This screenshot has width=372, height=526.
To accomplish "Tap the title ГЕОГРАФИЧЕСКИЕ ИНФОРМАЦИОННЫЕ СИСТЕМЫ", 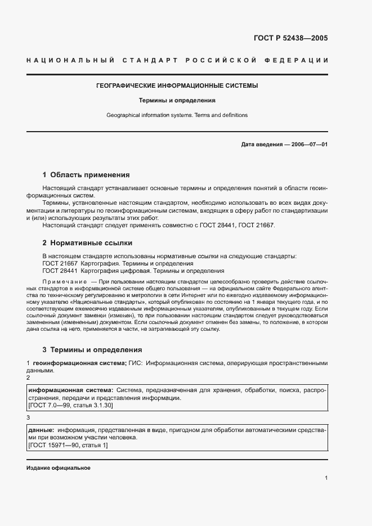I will pyautogui.click(x=177, y=86).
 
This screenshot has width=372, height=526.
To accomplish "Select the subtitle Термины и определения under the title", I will pyautogui.click(x=177, y=101).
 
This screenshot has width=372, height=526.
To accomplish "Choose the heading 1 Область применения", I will pyautogui.click(x=86, y=175).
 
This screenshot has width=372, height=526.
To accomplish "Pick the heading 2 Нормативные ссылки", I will pyautogui.click(x=87, y=243).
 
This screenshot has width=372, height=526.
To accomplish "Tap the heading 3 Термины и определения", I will pyautogui.click(x=93, y=349).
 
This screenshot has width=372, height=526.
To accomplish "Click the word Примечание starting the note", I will pyautogui.click(x=65, y=281).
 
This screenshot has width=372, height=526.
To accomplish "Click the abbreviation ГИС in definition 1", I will pyautogui.click(x=135, y=363).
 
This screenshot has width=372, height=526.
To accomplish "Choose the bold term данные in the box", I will pyautogui.click(x=39, y=430).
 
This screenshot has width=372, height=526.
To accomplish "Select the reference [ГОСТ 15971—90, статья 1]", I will pyautogui.click(x=67, y=445).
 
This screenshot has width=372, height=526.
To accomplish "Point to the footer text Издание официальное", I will pyautogui.click(x=58, y=469).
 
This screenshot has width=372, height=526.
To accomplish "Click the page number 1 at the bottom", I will pyautogui.click(x=326, y=478).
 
